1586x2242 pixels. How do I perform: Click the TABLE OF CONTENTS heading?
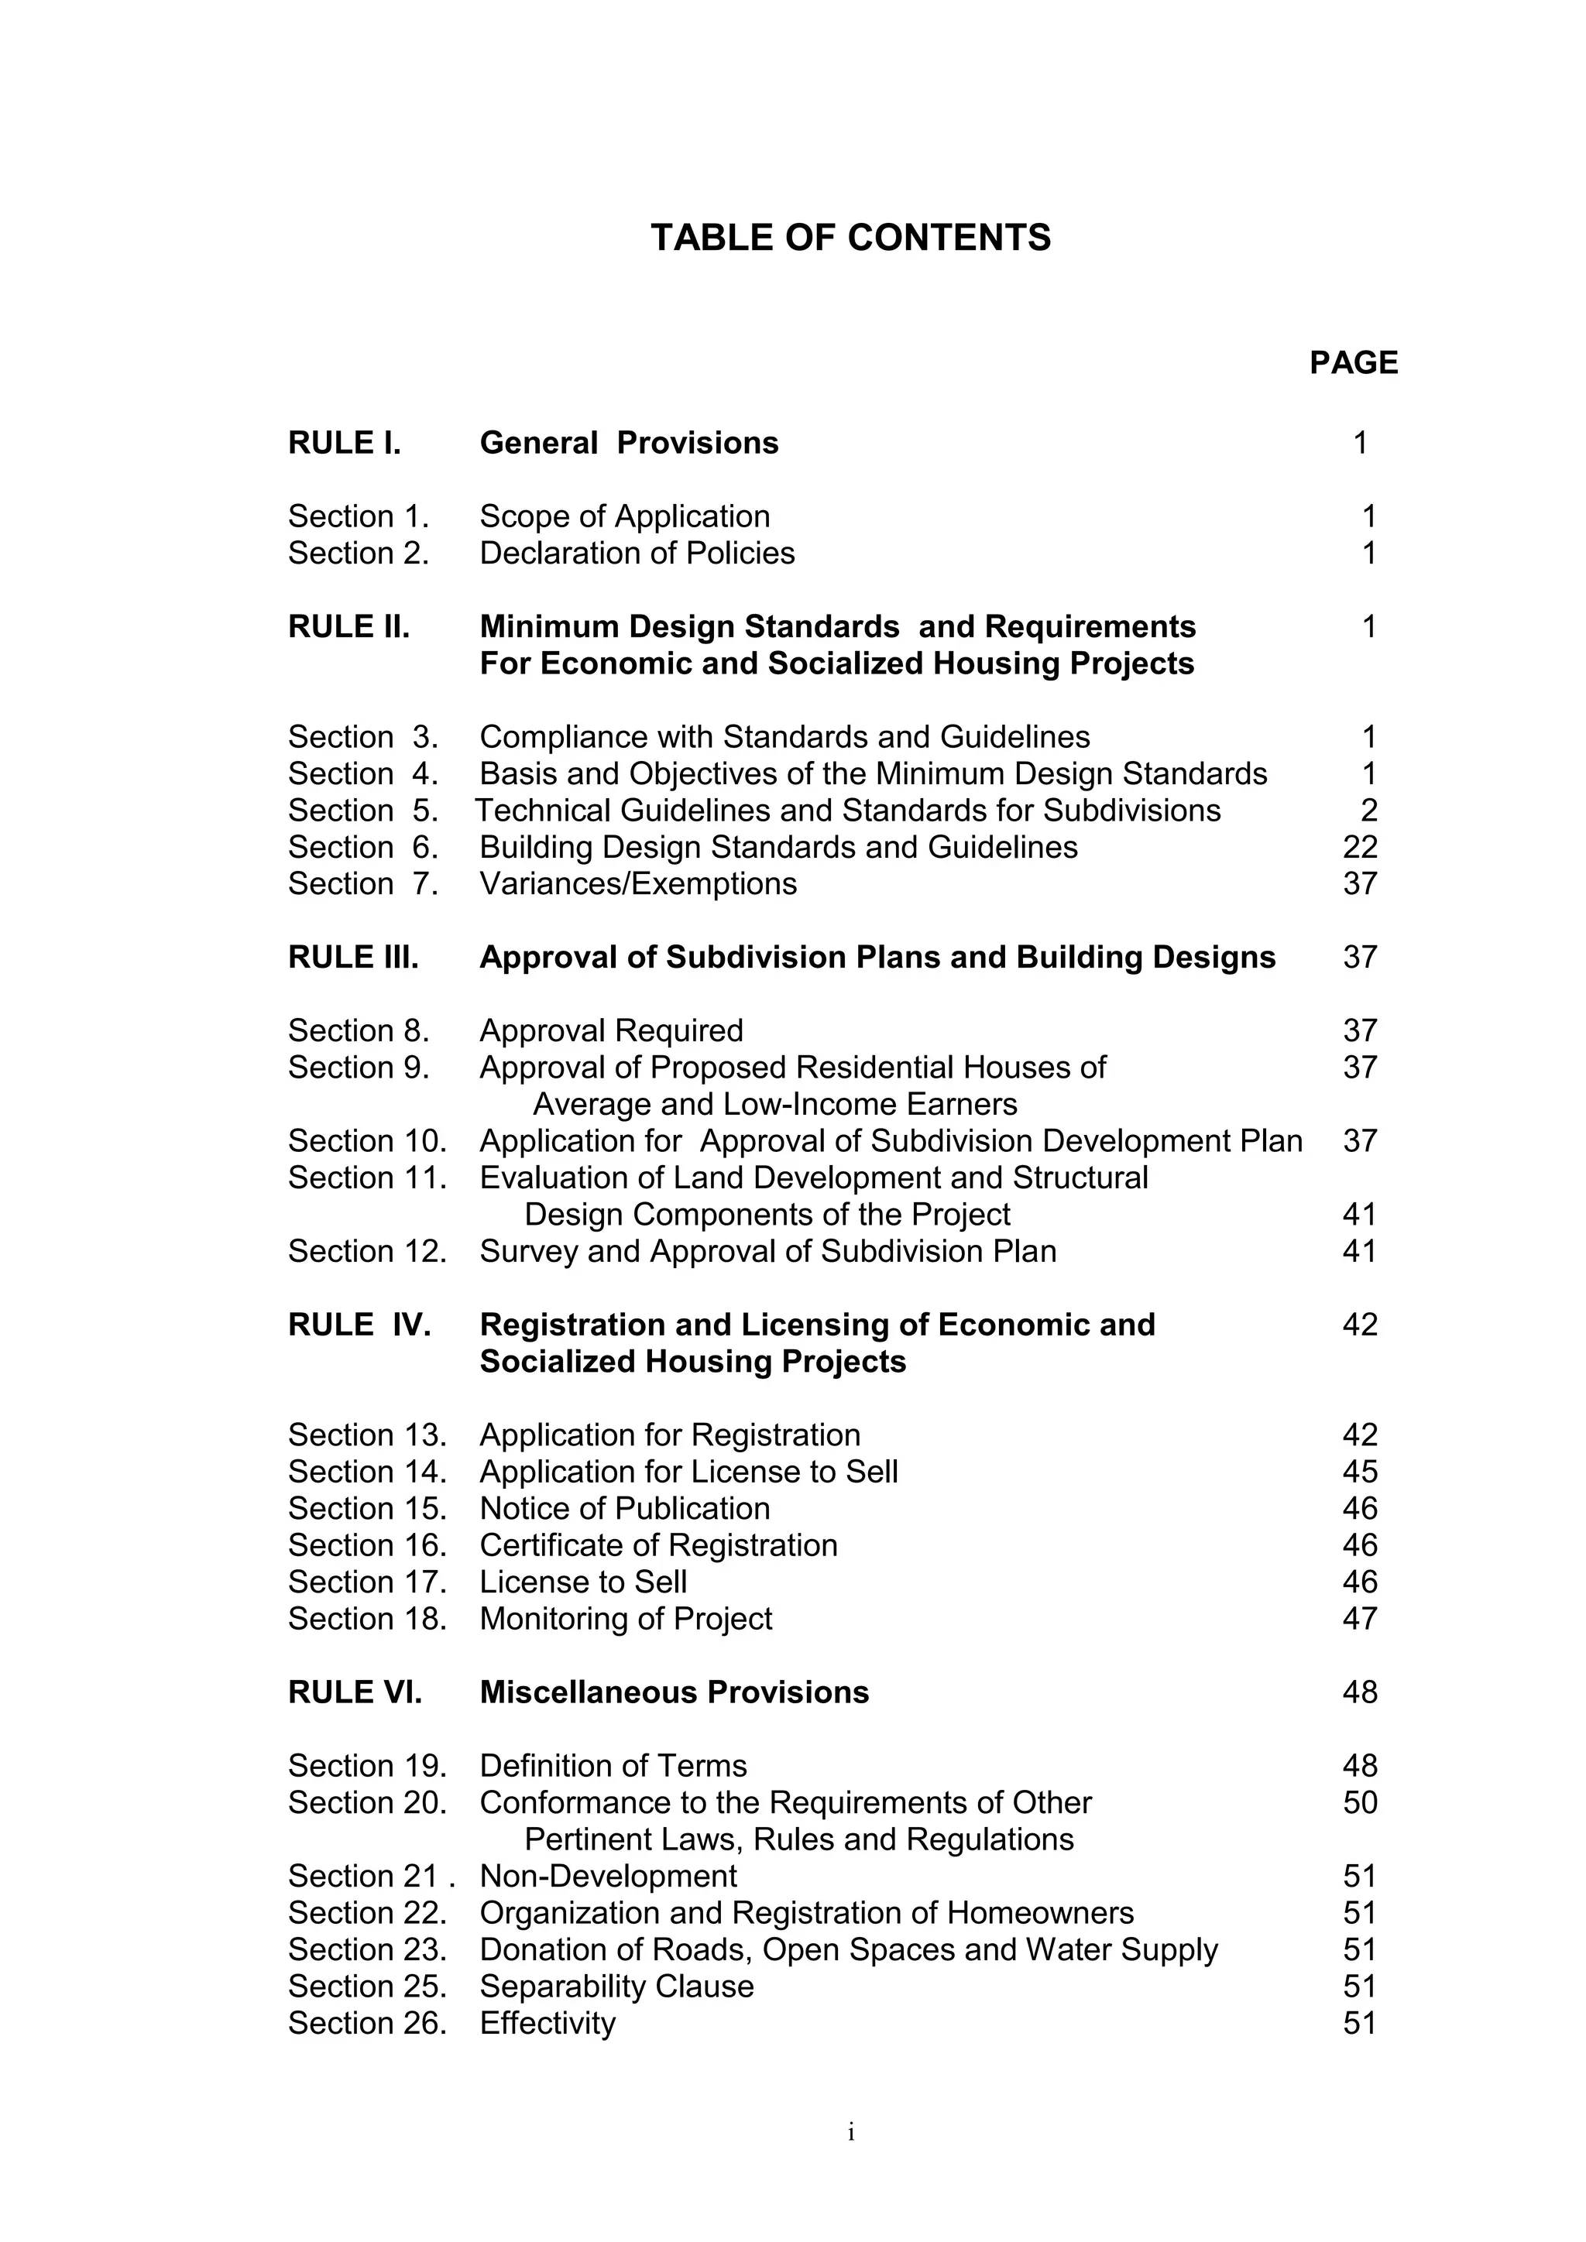850,238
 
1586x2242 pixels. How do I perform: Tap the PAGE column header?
1353,363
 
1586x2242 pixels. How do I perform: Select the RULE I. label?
344,444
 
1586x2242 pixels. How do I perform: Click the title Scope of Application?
624,516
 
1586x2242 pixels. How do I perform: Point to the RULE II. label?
348,627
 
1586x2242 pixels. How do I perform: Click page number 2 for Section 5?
1368,811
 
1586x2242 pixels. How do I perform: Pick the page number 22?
1359,848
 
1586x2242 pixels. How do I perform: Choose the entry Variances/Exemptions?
637,883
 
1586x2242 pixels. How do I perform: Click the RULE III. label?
352,958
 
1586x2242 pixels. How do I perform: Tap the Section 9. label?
359,1068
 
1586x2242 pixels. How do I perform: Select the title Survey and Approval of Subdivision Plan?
767,1252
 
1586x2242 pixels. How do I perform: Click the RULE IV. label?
359,1325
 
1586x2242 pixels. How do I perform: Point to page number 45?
1359,1472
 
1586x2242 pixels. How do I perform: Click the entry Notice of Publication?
624,1509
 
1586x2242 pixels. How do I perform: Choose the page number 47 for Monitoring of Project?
1359,1619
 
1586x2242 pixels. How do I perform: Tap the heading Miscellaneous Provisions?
674,1692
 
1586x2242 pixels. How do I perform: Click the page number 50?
1359,1802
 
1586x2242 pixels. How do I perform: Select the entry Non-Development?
607,1876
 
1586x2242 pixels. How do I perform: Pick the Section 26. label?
366,2023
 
